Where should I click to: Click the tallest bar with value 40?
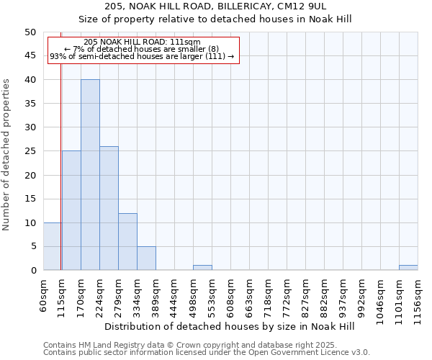(90, 175)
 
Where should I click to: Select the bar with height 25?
(71, 210)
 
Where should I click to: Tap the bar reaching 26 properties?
(109, 208)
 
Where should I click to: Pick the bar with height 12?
(127, 242)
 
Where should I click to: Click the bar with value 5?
(146, 258)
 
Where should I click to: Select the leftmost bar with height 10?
(52, 246)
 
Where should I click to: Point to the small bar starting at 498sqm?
(202, 268)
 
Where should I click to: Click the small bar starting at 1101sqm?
(408, 268)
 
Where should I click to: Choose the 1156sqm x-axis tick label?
(418, 297)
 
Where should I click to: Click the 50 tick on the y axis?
(30, 32)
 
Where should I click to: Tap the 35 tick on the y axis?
(30, 104)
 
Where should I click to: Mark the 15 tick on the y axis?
(30, 199)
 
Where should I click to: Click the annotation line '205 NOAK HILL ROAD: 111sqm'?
(142, 42)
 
